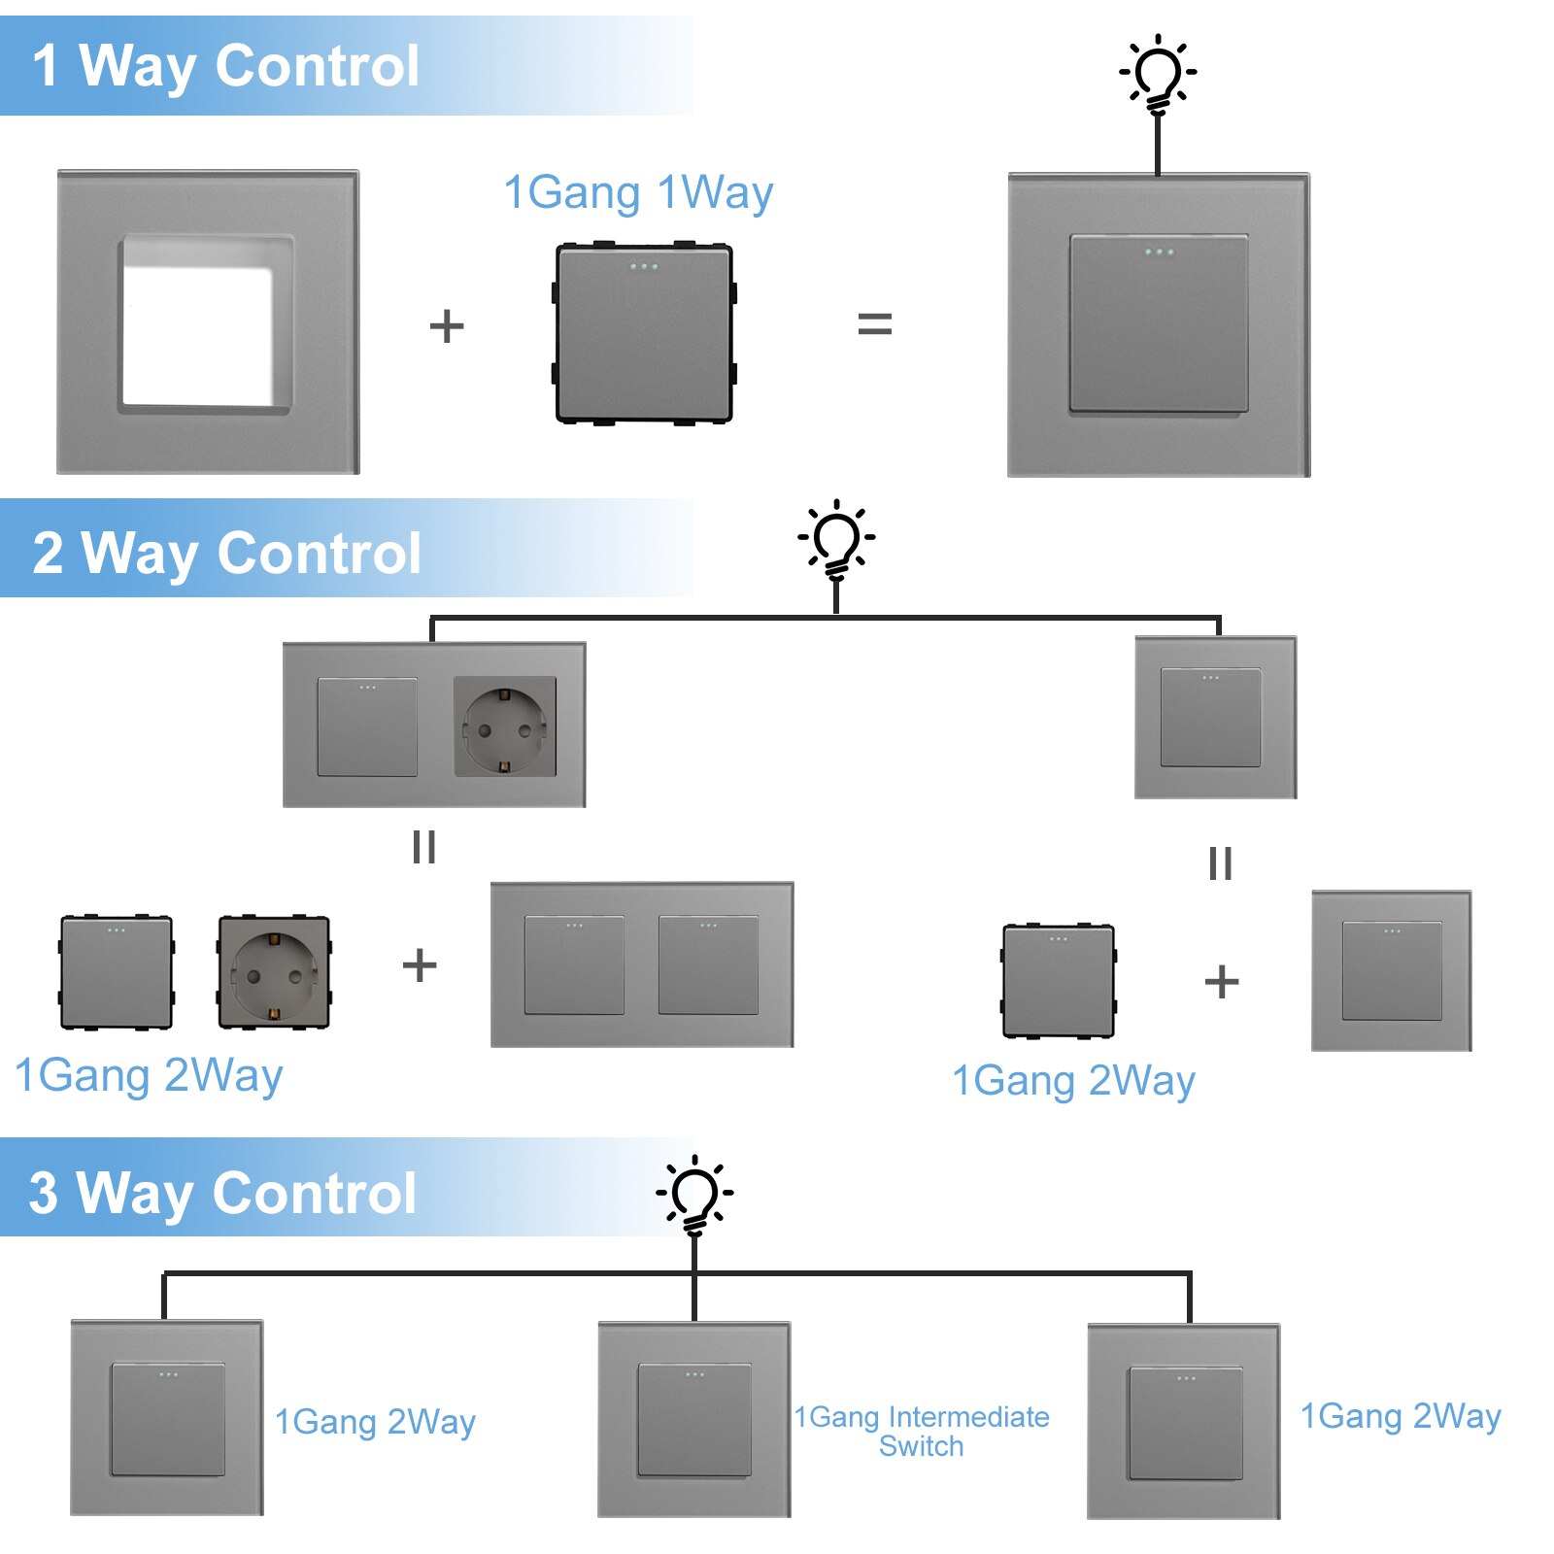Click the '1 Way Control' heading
point(225,66)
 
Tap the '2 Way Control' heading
point(226,553)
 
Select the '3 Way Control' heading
point(222,1192)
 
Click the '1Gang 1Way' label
point(638,192)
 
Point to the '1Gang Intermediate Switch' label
point(922,1431)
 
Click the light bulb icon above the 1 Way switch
point(1158,75)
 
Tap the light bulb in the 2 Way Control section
point(836,540)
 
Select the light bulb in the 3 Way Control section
point(694,1195)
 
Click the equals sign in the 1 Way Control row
point(874,324)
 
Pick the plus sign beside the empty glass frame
point(447,326)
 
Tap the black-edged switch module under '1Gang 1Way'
point(644,333)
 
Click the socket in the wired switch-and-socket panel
point(505,726)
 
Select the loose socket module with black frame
point(274,972)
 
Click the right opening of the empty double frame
point(708,964)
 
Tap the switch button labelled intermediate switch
point(694,1419)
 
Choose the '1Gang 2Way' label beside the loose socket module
point(149,1076)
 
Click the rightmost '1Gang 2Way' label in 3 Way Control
point(1401,1416)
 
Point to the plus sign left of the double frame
point(420,965)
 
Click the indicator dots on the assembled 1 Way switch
point(1159,253)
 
